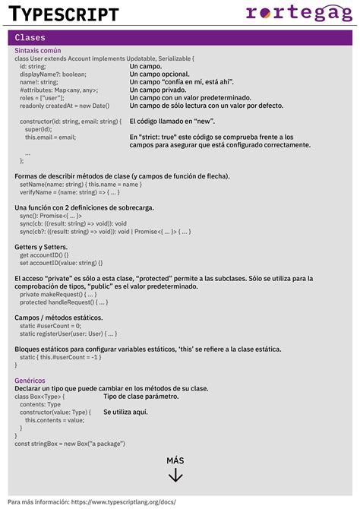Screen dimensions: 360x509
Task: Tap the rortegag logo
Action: point(299,12)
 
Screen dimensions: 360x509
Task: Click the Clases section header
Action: point(30,37)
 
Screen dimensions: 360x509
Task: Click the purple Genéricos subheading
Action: point(30,380)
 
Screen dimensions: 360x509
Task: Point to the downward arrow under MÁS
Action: point(175,476)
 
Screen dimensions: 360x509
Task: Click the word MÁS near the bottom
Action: point(175,460)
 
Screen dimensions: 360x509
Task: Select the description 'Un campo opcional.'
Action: point(159,74)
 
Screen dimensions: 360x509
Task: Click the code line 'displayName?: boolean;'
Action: point(53,74)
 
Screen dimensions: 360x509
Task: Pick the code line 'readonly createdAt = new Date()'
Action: point(65,106)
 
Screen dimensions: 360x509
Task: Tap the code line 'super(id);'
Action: point(38,129)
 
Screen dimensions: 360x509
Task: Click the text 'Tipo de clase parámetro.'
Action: point(141,396)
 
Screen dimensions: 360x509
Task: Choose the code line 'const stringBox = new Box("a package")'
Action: point(70,443)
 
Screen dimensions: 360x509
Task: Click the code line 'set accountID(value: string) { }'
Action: point(65,263)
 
